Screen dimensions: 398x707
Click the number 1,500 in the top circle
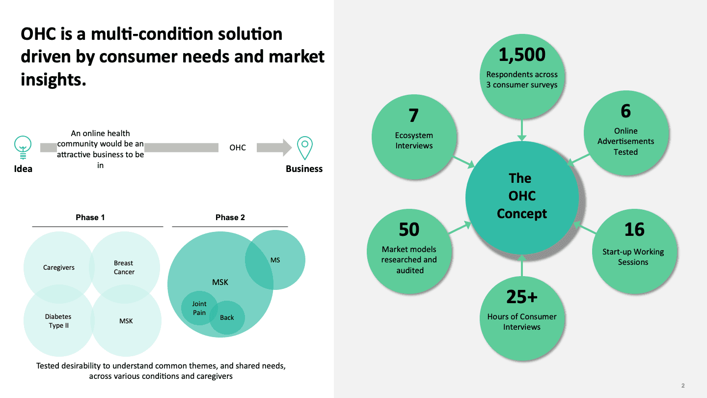tap(522, 55)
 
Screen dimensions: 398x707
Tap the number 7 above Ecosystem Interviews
tap(413, 115)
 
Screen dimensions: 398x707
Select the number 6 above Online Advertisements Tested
tap(625, 111)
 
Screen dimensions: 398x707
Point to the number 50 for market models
tap(408, 229)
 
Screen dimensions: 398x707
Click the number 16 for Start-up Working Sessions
tap(634, 229)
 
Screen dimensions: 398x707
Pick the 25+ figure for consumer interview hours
tap(522, 296)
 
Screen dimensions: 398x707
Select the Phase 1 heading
tap(90, 217)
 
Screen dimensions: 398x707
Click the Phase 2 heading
tap(230, 217)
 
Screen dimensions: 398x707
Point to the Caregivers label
tap(59, 268)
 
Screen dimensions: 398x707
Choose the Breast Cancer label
tap(124, 267)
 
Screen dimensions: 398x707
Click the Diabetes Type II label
tap(58, 321)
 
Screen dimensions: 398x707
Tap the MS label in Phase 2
tap(275, 260)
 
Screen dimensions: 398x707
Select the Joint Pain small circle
tap(199, 308)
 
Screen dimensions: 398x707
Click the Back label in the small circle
tap(227, 317)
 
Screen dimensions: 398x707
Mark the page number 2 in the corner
tap(683, 386)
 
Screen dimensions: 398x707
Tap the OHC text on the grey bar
tap(238, 147)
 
